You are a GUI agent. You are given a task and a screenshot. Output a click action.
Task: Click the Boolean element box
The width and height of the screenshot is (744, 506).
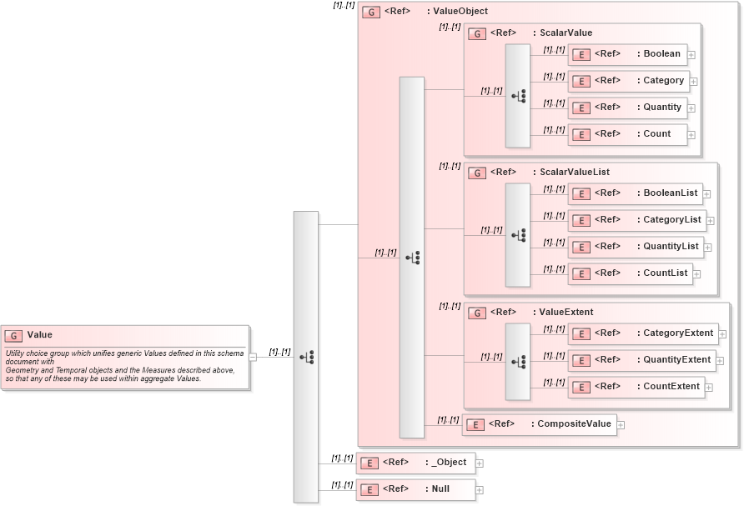627,54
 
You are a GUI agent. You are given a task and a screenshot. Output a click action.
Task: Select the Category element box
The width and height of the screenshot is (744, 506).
627,81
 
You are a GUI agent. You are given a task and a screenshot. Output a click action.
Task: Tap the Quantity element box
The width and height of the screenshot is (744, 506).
627,108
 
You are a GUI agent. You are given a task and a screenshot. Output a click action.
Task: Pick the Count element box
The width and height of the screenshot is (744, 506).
627,134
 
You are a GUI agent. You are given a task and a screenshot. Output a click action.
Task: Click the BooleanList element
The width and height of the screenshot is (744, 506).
634,193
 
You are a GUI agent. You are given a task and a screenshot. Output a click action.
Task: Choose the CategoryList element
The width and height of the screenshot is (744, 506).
636,220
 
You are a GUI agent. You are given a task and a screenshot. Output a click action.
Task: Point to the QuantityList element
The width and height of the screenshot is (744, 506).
635,247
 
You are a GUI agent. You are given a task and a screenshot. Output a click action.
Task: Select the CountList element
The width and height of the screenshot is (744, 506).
630,273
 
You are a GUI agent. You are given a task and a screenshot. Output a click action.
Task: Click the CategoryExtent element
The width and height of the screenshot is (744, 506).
642,333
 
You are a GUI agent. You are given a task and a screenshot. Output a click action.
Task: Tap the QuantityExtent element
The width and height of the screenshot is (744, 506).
641,360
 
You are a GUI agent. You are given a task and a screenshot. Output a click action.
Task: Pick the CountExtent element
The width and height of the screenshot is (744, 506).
636,387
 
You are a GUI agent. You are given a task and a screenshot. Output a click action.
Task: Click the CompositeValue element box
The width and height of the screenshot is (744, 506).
539,424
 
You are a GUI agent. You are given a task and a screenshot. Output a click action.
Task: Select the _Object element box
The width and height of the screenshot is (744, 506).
415,463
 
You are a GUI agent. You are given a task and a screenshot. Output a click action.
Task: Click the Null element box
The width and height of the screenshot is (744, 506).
415,490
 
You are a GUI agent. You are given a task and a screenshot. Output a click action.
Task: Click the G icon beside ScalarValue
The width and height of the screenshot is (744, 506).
477,33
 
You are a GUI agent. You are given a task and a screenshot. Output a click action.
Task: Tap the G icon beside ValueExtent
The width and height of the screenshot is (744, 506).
477,313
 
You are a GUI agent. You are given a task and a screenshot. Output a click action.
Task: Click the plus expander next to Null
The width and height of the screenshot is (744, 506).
480,490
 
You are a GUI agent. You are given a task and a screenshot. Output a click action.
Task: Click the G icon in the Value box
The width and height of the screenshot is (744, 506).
13,335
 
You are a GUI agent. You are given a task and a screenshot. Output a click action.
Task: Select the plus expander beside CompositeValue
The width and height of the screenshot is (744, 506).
621,425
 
